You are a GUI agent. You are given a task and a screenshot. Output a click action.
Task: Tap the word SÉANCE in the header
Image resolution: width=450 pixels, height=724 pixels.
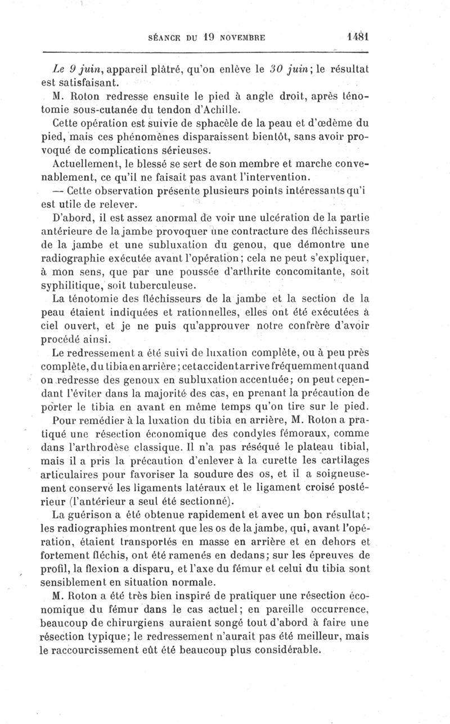point(162,38)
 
